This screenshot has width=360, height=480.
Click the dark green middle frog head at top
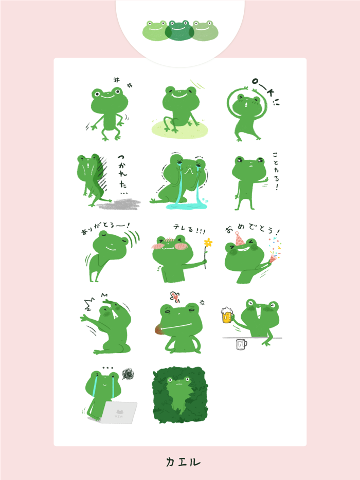tap(179, 30)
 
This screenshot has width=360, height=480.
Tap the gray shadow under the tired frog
tap(119, 205)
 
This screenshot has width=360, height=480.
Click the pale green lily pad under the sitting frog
tap(180, 128)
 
